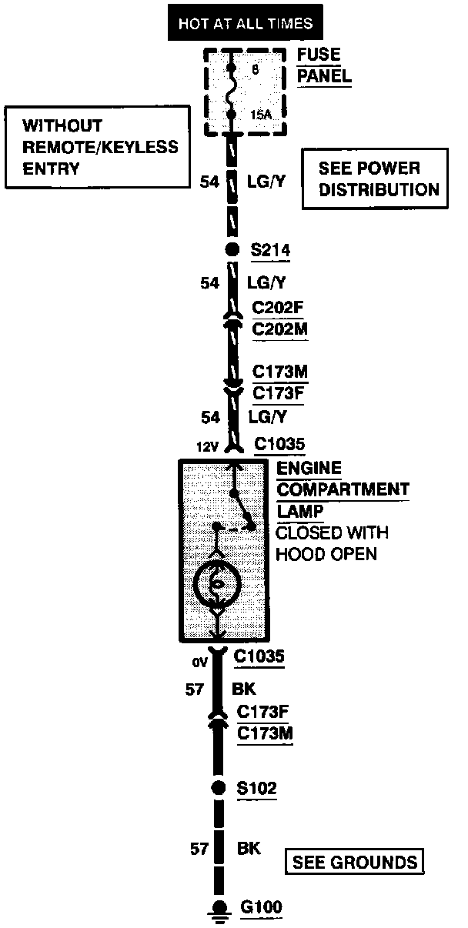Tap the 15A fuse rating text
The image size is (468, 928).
point(261,115)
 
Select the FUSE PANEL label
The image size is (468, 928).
point(323,65)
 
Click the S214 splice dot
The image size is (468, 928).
point(232,249)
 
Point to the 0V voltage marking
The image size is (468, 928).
point(201,661)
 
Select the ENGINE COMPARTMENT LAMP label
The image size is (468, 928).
point(342,489)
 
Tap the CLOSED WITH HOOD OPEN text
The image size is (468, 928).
point(332,542)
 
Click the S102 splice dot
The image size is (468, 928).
point(219,787)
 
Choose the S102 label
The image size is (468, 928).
point(256,788)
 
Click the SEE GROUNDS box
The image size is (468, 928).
point(355,861)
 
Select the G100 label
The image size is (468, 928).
point(261,907)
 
